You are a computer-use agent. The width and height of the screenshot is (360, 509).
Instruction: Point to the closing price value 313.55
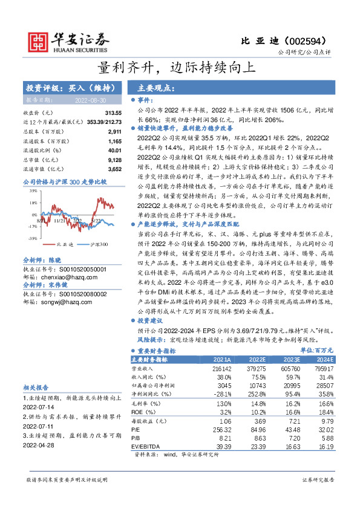coord(113,114)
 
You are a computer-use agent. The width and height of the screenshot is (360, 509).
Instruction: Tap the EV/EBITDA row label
coord(148,446)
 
